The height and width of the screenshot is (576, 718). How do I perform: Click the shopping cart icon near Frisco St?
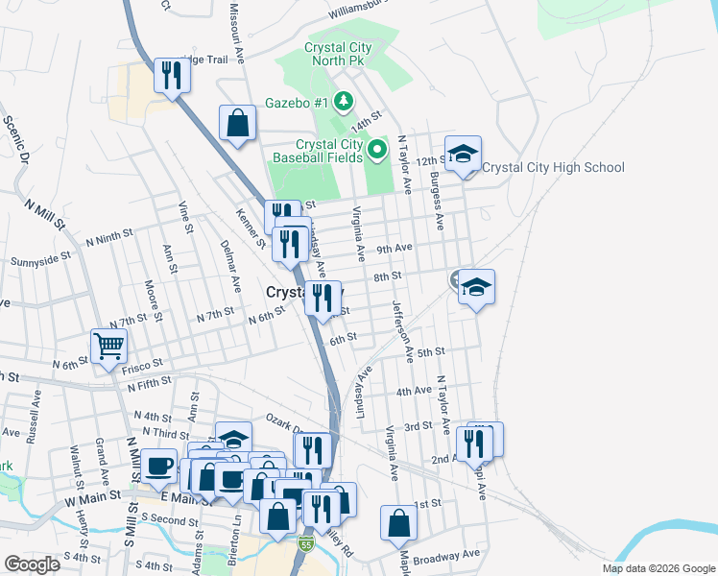109,346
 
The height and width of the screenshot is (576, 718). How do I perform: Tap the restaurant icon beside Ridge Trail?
172,75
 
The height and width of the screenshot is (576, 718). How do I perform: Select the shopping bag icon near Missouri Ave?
237,123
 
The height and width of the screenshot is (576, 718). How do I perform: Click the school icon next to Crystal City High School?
463,154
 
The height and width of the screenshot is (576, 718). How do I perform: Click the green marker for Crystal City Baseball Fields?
377,149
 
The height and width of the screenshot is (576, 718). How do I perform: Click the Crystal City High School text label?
553,168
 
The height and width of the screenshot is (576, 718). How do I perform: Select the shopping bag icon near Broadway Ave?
398,523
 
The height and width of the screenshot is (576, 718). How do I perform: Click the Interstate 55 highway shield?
306,543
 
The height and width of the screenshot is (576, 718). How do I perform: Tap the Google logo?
32,564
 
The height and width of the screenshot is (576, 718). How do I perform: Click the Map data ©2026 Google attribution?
658,568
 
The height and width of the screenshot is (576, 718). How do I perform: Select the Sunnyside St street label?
41,260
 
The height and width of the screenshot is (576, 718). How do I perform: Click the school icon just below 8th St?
475,287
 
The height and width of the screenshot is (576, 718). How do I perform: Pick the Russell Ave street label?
36,407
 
